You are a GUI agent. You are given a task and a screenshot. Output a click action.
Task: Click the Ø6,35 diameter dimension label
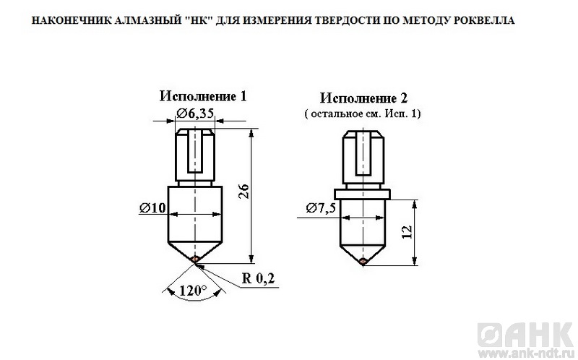click(195, 113)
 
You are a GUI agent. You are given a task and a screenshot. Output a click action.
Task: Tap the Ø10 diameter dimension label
click(153, 208)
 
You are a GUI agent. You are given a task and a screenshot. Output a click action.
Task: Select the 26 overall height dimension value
click(245, 191)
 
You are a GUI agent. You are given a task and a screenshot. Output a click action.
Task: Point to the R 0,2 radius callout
click(258, 278)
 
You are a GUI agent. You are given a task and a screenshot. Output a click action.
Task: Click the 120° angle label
click(193, 291)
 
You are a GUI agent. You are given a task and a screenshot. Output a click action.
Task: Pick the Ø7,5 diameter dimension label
click(321, 208)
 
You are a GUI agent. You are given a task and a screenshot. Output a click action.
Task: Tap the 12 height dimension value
click(407, 231)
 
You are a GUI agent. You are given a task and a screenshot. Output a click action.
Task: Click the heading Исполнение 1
click(203, 96)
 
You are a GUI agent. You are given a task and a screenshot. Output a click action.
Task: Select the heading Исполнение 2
click(363, 98)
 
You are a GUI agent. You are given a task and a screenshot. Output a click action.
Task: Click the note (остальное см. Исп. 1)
click(363, 113)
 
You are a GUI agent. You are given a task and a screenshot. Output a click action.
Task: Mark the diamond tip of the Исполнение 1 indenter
click(196, 259)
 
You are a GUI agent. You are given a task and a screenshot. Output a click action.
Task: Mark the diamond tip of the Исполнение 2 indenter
click(363, 261)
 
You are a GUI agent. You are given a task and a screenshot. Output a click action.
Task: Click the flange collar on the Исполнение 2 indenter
click(363, 194)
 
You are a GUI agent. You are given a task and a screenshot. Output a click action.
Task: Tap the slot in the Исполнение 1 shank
click(195, 151)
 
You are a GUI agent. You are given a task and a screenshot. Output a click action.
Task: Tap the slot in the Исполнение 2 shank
click(363, 153)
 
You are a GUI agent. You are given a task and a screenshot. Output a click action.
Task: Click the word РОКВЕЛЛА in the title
click(484, 20)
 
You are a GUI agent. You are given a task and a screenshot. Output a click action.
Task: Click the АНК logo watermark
click(525, 335)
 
